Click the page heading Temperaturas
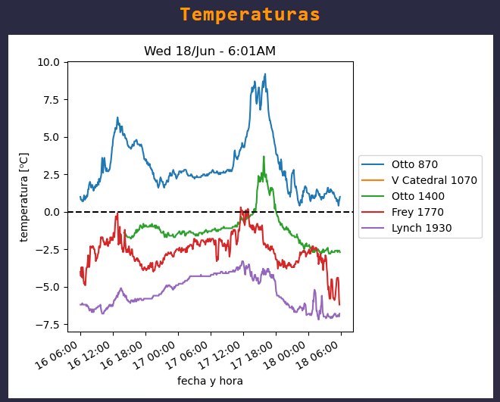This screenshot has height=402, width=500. [250, 15]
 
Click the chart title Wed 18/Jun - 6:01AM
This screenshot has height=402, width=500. [210, 51]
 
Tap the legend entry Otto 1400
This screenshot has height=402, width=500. [417, 196]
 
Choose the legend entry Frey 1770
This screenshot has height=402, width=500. [417, 212]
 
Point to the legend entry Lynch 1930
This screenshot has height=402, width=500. [421, 228]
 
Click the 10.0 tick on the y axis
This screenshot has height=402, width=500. [48, 62]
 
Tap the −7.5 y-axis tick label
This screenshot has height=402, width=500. [48, 324]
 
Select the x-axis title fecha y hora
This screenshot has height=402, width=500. [210, 381]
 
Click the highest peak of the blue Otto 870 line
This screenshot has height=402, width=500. [265, 74]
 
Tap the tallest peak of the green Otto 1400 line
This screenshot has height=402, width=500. [264, 157]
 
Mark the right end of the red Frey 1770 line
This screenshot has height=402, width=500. [339, 304]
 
